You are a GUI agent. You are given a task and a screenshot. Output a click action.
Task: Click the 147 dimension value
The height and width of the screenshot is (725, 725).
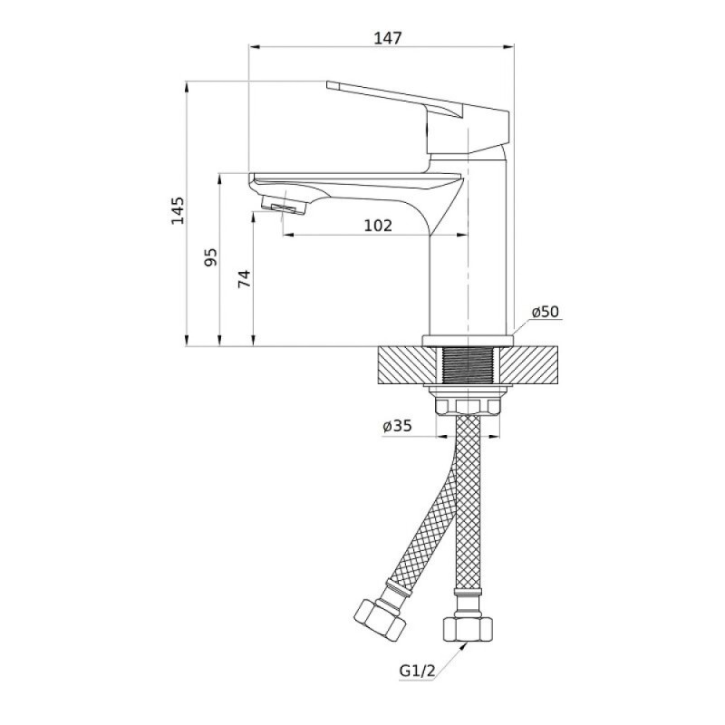pos(388,38)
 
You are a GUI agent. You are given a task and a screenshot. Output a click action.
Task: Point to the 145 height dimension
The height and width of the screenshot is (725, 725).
pos(178,210)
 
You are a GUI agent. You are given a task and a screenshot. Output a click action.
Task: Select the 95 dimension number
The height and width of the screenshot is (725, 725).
pos(211,257)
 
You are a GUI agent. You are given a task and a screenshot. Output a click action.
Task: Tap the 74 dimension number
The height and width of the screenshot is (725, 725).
pos(245,278)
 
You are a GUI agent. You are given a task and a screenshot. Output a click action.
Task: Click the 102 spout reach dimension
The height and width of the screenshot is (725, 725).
pos(378,226)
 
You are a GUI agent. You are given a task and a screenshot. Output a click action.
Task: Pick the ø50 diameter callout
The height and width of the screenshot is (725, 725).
pos(546,312)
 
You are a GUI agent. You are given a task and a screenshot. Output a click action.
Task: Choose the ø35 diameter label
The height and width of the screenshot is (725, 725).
pos(397,426)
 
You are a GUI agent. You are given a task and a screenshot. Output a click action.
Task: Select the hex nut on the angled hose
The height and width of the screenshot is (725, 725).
pos(380,619)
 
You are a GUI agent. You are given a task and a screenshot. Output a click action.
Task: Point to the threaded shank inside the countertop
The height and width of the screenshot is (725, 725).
pos(468,365)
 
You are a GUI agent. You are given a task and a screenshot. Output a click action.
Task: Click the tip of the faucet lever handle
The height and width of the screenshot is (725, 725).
pos(327,84)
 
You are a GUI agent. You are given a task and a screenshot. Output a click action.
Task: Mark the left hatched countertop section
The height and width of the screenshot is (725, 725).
pos(407,365)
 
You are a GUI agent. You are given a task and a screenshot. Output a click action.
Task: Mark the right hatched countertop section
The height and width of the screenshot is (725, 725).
pos(528,365)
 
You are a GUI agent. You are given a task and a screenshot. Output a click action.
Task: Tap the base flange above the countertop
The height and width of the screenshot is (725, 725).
pos(468,341)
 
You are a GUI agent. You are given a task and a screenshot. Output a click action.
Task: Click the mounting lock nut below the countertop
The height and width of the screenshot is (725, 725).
pos(468,406)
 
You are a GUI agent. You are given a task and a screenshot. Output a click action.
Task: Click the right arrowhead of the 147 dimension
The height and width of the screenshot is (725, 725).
pos(508,46)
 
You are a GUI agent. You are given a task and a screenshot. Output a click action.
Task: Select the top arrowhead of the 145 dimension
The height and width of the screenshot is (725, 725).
pos(187,87)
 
